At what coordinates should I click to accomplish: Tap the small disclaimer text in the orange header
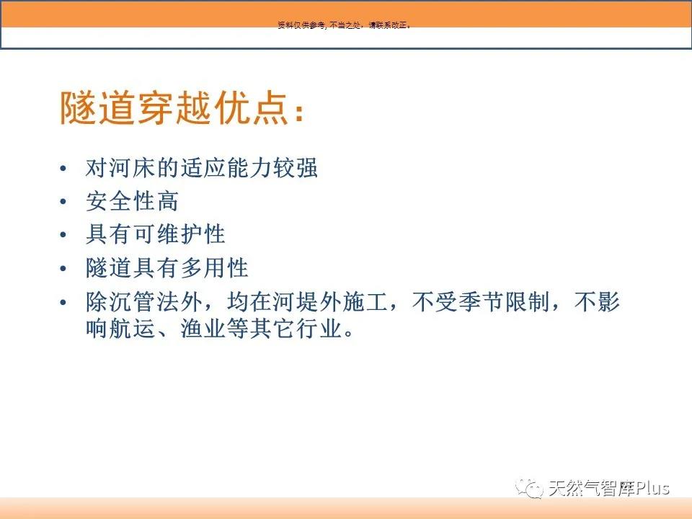click(345, 26)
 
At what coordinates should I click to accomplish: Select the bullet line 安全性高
click(133, 201)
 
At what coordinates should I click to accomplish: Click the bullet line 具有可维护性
click(156, 234)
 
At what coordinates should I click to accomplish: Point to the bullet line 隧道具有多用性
click(167, 268)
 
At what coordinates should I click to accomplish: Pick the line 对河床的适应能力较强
click(202, 168)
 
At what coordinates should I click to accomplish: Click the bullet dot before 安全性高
click(63, 202)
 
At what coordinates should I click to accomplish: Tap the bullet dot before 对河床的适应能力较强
click(63, 168)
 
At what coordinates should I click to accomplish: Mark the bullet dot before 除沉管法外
click(63, 302)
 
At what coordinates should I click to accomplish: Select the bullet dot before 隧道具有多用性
click(63, 268)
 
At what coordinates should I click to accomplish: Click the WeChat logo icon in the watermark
click(529, 488)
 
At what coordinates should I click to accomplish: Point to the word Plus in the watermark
click(652, 488)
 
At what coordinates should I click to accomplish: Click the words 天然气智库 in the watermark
click(591, 488)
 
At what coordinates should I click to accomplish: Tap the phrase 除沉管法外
click(144, 302)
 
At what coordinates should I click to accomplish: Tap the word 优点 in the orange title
click(252, 108)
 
